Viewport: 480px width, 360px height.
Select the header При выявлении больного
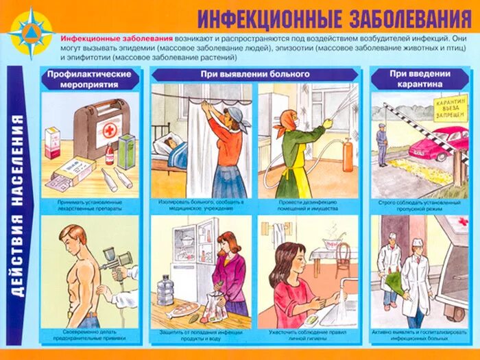(x=254, y=74)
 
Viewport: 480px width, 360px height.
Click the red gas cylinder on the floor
(x=348, y=156)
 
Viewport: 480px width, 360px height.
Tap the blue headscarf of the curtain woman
(x=233, y=112)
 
